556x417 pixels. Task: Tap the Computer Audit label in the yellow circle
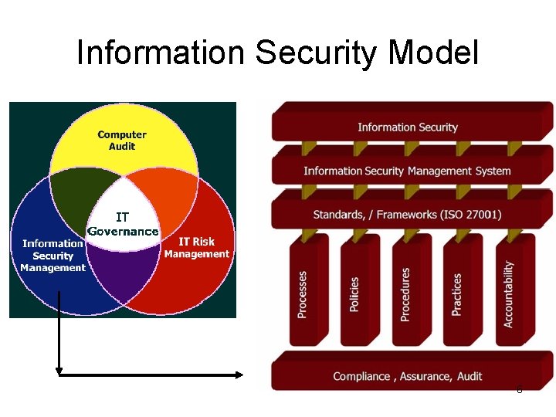122,140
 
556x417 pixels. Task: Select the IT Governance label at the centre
123,225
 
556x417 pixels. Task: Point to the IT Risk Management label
196,248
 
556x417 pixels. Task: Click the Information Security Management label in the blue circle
53,256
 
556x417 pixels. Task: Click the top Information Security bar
408,127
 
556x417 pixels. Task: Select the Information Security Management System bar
408,171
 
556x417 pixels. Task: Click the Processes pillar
303,293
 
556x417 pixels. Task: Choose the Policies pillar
354,293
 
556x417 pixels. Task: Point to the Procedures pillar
405,293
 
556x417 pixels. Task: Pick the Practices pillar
457,293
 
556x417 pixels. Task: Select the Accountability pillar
508,293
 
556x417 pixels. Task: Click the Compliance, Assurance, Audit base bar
408,376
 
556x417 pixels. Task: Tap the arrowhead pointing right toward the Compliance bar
239,375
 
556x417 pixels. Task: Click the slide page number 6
519,390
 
